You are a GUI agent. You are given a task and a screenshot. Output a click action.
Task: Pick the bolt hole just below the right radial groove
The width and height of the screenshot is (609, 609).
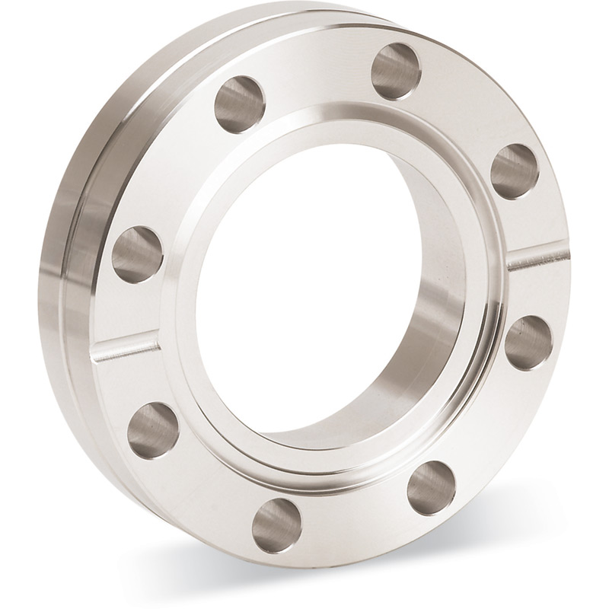(x=528, y=342)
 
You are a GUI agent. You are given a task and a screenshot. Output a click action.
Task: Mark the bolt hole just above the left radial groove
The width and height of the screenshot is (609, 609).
(x=138, y=253)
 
